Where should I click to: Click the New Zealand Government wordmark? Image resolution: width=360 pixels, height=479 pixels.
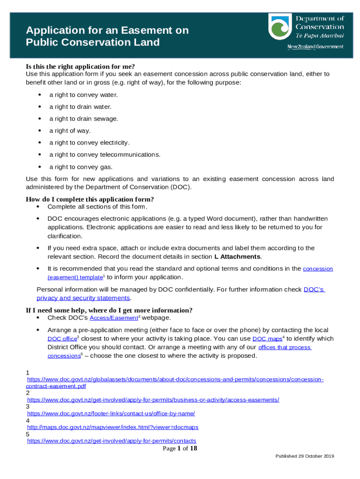(x=315, y=47)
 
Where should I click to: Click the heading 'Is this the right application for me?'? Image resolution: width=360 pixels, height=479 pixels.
(x=83, y=66)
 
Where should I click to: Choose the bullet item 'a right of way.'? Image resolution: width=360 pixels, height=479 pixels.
(x=70, y=131)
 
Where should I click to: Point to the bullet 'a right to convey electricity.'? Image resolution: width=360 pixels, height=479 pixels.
(x=89, y=143)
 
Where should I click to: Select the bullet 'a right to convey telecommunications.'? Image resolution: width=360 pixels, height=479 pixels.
(x=105, y=154)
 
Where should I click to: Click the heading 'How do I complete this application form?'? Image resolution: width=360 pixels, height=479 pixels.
(x=90, y=199)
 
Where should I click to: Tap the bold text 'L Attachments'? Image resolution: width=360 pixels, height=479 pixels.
(x=238, y=257)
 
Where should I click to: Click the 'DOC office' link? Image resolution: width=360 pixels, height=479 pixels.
(x=62, y=339)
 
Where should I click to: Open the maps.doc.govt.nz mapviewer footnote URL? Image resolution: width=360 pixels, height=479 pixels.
(x=113, y=427)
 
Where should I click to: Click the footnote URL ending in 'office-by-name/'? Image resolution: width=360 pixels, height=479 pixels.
(x=111, y=414)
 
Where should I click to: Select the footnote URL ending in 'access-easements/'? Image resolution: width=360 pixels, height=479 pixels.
(x=153, y=400)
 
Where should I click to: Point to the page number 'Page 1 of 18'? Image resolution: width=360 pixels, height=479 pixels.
(x=180, y=449)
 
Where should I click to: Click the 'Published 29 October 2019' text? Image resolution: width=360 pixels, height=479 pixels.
(x=304, y=456)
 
